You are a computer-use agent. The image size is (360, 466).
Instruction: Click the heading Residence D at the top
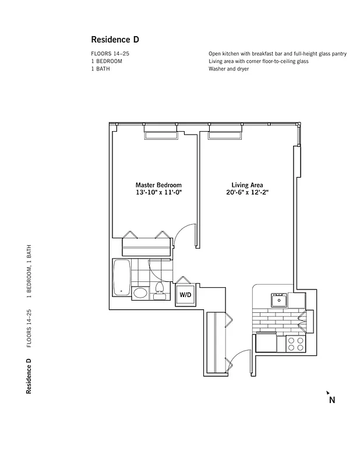115,40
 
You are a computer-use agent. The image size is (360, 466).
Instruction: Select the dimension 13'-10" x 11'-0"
158,193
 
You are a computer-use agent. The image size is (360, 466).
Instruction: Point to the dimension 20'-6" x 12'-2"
247,193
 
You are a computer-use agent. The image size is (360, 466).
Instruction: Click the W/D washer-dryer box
185,295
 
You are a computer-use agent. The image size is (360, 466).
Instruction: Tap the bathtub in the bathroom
121,278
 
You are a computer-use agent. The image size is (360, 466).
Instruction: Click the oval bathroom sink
140,293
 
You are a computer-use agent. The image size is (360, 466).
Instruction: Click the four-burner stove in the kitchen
296,344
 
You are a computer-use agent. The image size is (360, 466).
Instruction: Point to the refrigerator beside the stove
265,343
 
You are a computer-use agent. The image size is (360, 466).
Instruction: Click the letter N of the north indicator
331,400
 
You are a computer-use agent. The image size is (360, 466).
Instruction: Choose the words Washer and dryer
229,69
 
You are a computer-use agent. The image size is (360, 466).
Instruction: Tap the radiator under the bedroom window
161,136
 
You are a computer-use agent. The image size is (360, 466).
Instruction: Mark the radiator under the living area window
225,136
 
